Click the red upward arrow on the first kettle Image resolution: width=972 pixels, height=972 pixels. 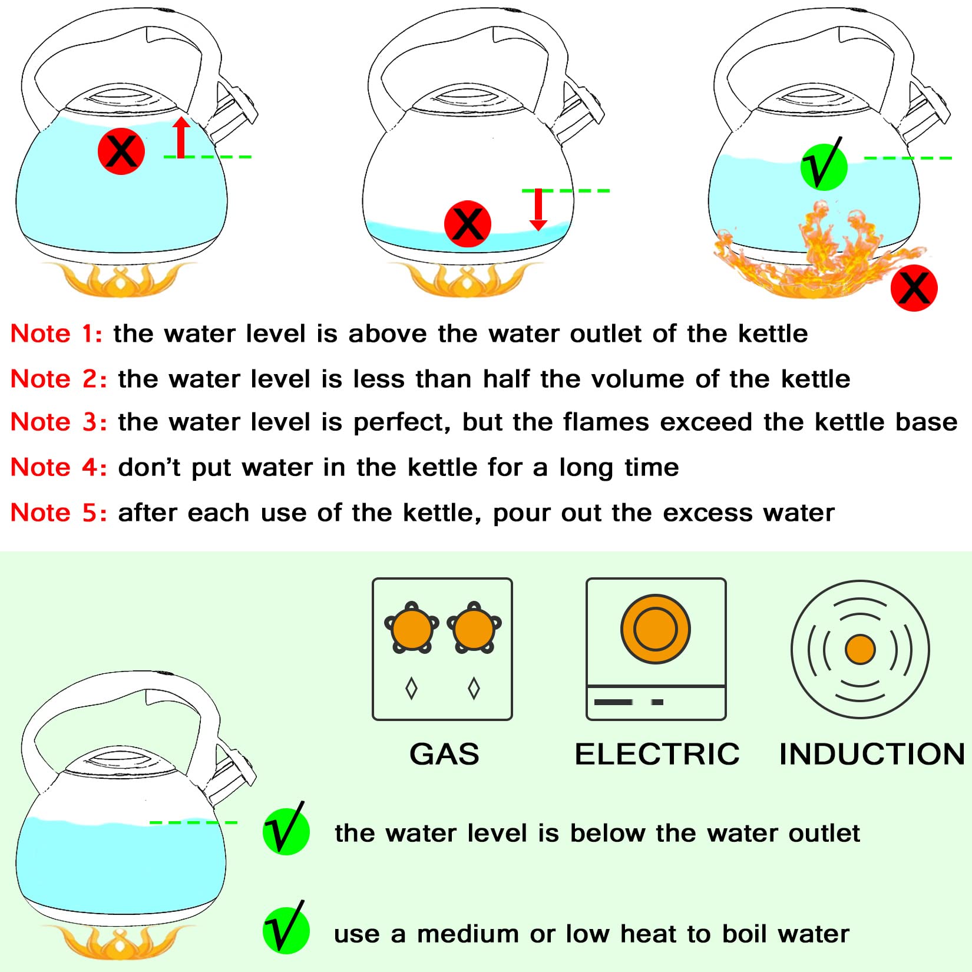[181, 138]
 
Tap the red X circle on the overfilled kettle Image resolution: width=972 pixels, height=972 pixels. [121, 151]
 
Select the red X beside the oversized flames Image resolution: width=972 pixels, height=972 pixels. [914, 287]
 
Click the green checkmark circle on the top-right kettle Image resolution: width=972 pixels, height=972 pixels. [824, 166]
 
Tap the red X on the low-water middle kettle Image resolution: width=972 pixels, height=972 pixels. [468, 224]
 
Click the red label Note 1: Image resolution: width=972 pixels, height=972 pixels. [57, 333]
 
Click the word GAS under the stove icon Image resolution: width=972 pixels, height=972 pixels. [444, 754]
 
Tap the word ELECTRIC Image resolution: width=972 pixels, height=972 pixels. [657, 754]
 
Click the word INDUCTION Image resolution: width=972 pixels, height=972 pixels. [872, 754]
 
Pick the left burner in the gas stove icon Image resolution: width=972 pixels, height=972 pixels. [411, 628]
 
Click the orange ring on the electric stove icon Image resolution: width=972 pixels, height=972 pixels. [656, 629]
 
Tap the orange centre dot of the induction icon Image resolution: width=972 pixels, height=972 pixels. [860, 650]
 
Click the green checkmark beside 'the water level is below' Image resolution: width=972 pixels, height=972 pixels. [286, 831]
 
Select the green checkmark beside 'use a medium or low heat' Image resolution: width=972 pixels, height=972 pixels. [286, 931]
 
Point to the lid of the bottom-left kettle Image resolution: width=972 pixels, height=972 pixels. [121, 760]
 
